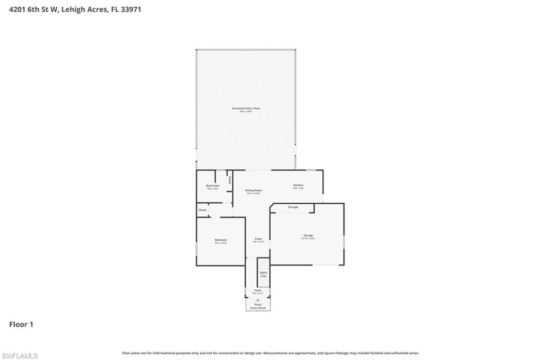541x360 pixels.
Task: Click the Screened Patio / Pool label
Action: click(246, 108)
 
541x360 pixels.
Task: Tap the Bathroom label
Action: click(212, 186)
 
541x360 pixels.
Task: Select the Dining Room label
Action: click(254, 190)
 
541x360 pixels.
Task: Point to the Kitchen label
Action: click(299, 185)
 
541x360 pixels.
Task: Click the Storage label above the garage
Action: click(293, 207)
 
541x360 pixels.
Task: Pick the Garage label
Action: click(308, 235)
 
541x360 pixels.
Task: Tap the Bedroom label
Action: click(220, 240)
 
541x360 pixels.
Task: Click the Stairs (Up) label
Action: click(263, 274)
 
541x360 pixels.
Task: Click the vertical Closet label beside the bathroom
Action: click(230, 180)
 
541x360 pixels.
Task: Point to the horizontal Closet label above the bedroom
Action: click(202, 210)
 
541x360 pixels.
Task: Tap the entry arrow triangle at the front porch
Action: click(258, 299)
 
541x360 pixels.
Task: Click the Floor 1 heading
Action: click(21, 325)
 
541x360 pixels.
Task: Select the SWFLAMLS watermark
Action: click(20, 356)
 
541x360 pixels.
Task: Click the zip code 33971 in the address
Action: click(132, 9)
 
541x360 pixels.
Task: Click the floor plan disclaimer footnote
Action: click(270, 353)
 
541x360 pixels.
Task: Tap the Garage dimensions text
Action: click(308, 239)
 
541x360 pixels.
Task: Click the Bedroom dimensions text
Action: click(220, 243)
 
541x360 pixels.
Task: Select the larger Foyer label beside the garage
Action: click(258, 239)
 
